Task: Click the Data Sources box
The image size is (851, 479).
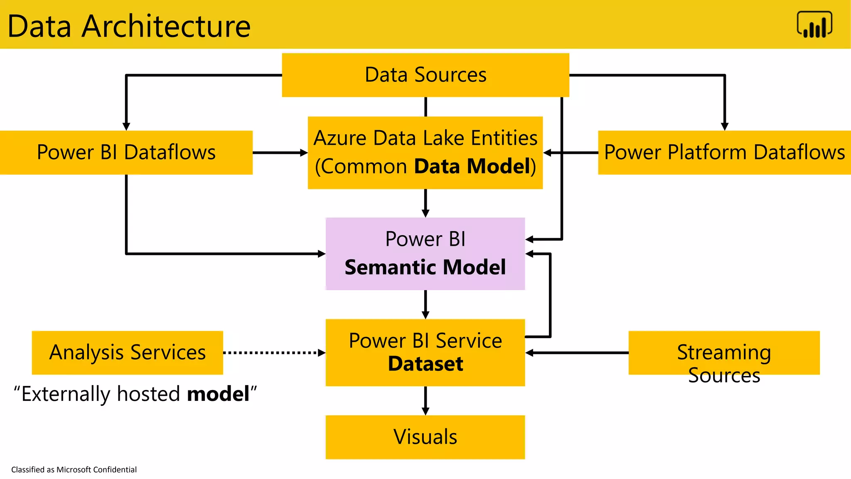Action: coord(425,75)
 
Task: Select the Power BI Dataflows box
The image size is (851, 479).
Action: coord(126,152)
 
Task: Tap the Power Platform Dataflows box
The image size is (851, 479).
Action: coord(724,152)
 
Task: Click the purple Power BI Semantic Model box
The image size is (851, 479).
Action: coord(425,253)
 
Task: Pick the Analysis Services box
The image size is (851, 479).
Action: coord(127,352)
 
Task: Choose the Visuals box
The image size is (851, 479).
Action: coord(425,437)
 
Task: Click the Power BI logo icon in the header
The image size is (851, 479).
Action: coord(814,25)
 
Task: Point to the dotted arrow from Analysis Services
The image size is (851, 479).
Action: coord(274,353)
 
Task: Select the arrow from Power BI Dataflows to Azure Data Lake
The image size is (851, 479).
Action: coord(280,153)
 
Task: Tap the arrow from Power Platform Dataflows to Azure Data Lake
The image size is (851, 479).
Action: coord(570,153)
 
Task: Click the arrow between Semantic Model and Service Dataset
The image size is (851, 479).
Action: coord(425,304)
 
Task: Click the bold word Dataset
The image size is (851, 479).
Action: coord(425,364)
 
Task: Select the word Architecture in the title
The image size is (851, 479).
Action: coord(166,26)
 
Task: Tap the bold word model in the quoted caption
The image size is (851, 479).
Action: coord(218,393)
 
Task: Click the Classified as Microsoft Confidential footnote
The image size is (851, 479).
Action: coord(74,469)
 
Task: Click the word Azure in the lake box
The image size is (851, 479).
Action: coord(340,138)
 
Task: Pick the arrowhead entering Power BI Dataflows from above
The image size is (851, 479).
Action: coord(126,126)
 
